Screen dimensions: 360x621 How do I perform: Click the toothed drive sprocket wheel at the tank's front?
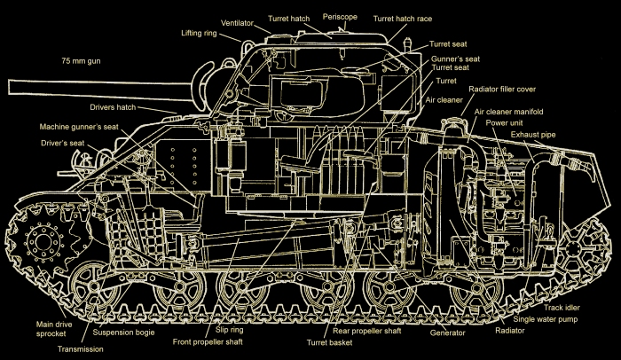click(41, 239)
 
